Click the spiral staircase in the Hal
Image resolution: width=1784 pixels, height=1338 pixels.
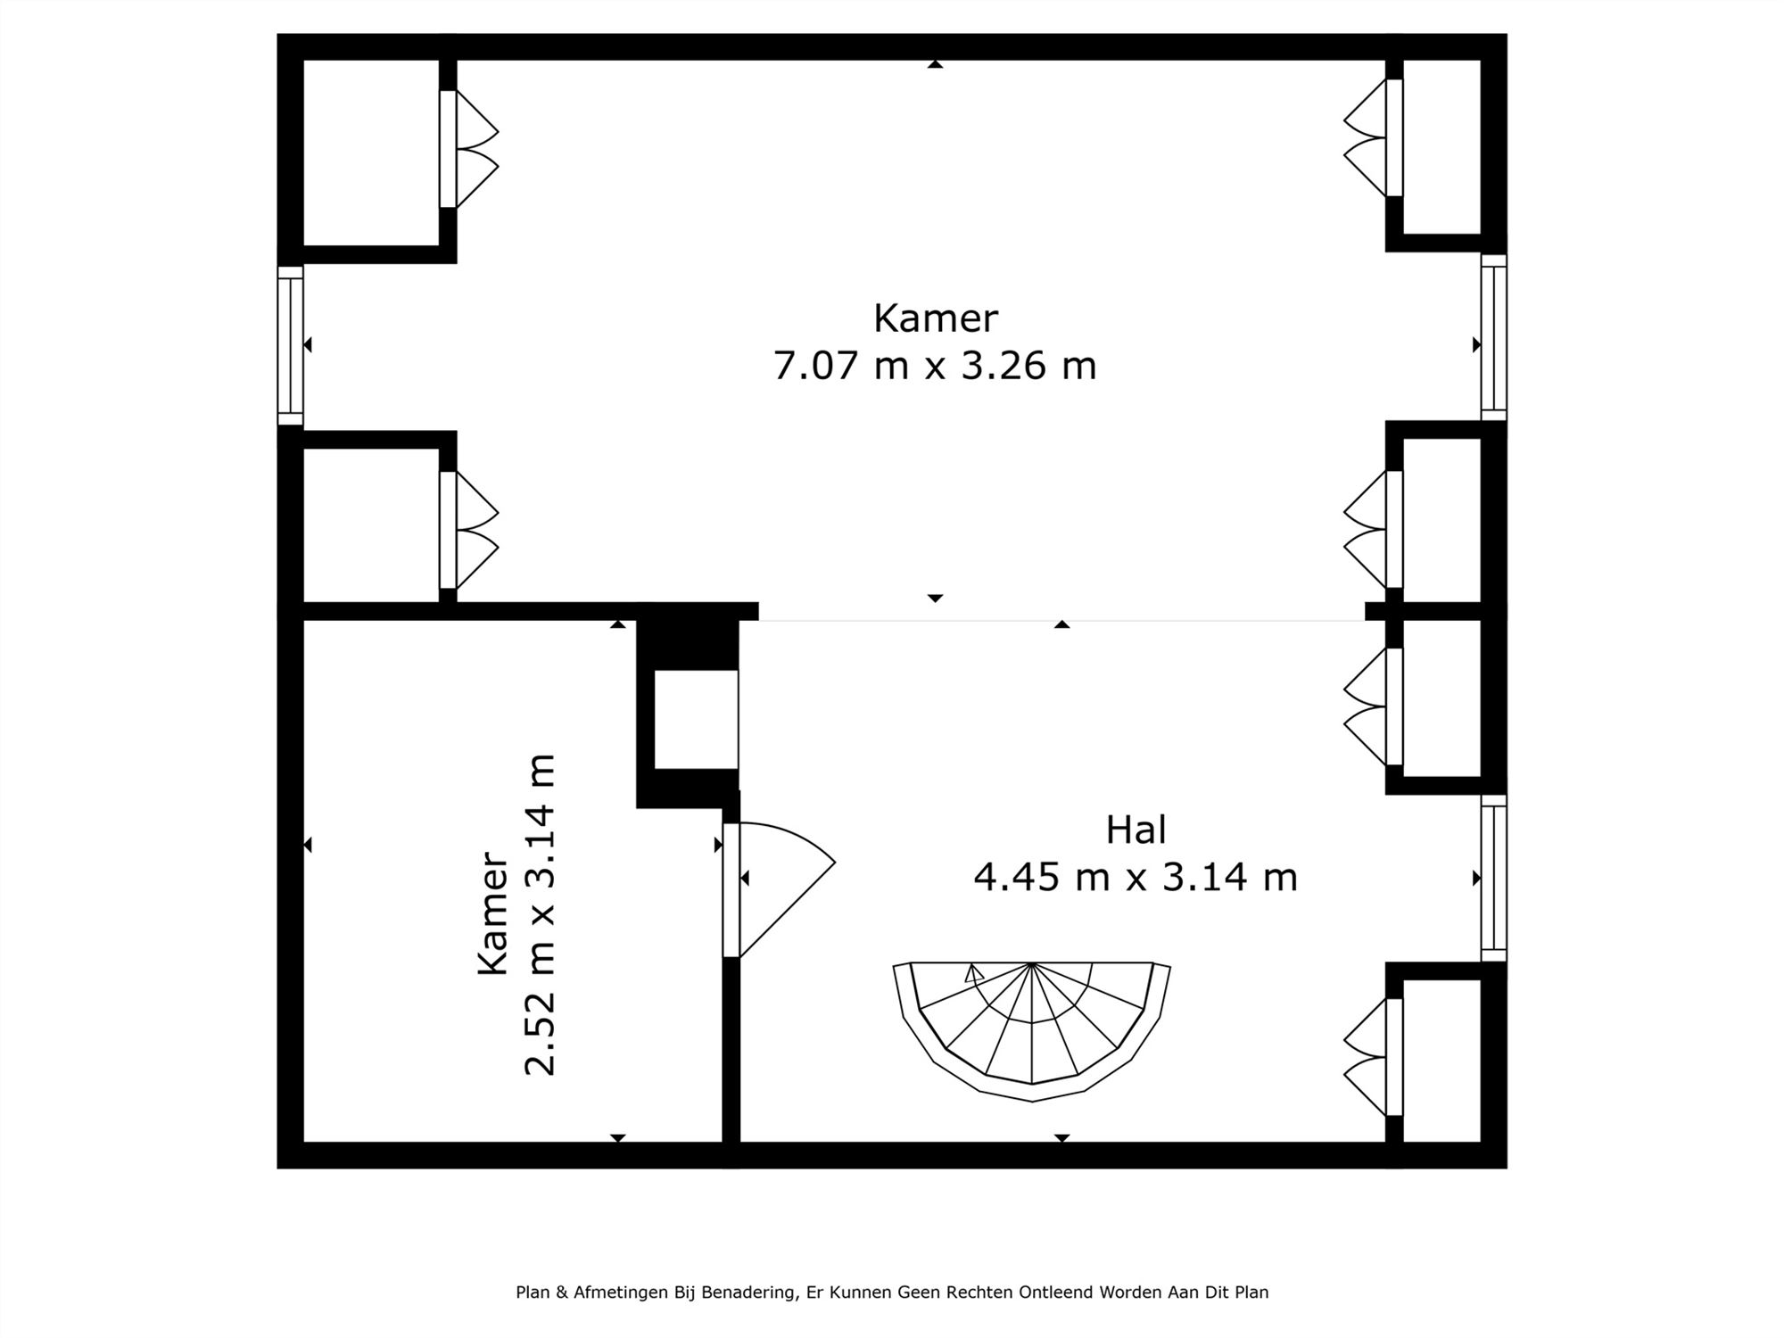coord(1031,1030)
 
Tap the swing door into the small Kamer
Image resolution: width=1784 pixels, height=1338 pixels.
coord(778,889)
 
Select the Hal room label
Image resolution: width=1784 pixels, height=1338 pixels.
coord(1136,830)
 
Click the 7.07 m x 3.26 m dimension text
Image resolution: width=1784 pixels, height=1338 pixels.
coord(935,366)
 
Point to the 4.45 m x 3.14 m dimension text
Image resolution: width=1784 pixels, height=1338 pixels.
coord(1136,878)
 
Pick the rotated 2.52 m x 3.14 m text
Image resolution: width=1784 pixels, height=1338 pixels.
coord(540,915)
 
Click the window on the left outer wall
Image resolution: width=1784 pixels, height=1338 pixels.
coord(291,346)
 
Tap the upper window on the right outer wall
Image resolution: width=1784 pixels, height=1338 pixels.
coord(1494,337)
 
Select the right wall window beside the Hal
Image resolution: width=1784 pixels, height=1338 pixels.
coord(1494,879)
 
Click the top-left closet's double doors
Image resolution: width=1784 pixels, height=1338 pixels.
coord(468,149)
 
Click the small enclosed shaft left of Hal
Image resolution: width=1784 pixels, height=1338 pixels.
coord(696,719)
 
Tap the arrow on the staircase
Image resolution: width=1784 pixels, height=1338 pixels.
coord(974,973)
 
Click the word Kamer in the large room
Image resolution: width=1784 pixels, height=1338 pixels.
coord(935,318)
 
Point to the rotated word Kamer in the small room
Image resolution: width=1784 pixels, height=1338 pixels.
coord(493,913)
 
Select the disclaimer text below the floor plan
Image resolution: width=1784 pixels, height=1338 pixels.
coord(892,1293)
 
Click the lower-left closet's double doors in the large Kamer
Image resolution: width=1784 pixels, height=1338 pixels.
coord(468,530)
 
